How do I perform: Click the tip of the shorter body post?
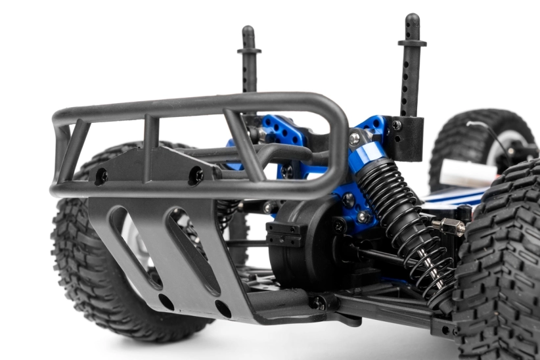point(248,30)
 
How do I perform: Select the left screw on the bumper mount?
point(101,175)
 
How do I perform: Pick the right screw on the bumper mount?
point(196,175)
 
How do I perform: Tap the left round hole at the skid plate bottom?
point(166,302)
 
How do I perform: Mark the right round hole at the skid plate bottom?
point(223,308)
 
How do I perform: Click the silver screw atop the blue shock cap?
point(355,139)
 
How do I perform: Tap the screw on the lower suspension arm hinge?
point(318,302)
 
